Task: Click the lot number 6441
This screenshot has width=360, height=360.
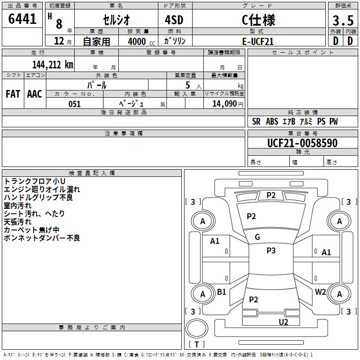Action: click(22, 19)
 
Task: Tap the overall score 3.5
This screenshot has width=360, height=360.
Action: click(342, 21)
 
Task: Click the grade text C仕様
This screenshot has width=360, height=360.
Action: click(258, 20)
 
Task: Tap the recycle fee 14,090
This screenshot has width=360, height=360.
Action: click(224, 104)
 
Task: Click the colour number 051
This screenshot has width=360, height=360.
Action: click(74, 104)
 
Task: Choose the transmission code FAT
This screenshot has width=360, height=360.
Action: click(13, 94)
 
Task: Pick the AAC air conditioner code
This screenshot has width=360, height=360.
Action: click(35, 94)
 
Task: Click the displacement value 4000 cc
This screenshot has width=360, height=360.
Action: click(139, 41)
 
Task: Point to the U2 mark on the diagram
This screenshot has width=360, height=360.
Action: click(283, 321)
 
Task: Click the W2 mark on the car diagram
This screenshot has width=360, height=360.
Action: click(320, 292)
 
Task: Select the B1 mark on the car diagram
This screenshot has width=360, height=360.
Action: click(221, 292)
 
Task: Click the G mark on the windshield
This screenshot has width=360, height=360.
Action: click(257, 237)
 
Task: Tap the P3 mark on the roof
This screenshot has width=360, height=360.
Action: click(271, 251)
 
